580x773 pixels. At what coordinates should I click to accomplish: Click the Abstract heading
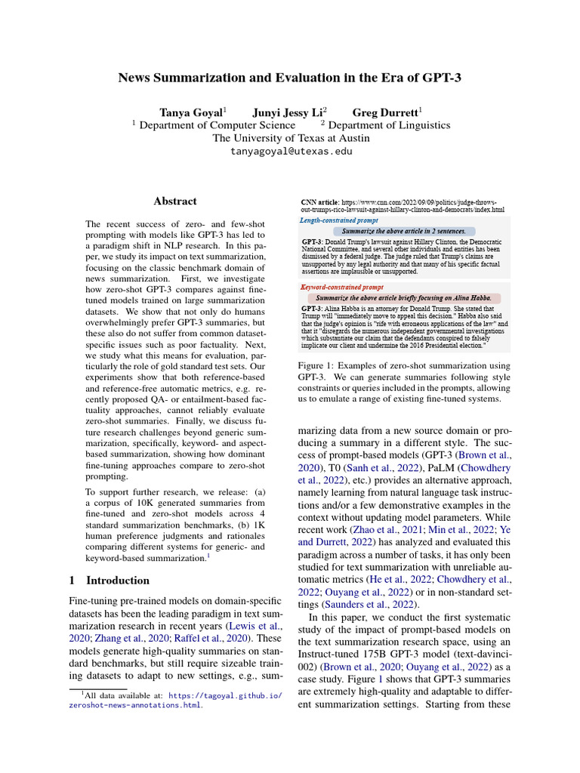175,202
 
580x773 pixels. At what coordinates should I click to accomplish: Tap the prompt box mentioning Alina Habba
404,298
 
